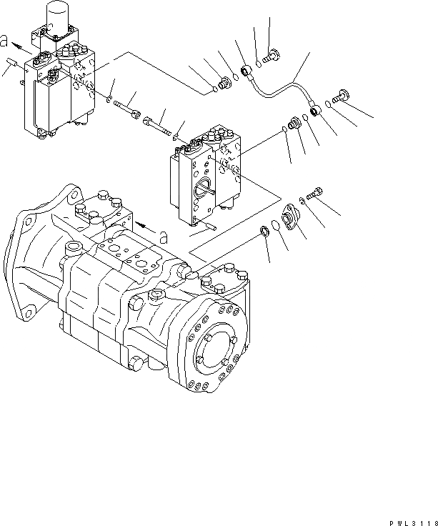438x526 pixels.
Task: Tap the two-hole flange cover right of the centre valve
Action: point(289,216)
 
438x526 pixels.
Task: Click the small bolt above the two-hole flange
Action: point(315,192)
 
